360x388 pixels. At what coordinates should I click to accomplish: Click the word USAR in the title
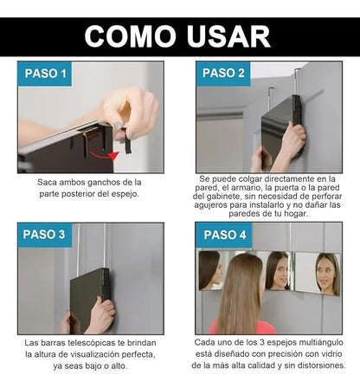tap(227, 36)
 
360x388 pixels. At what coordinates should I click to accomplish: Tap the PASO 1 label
tap(44, 74)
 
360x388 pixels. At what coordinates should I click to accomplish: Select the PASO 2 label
tap(224, 74)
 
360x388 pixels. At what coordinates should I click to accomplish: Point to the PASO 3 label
tap(44, 235)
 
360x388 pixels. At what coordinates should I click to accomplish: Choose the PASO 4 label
tap(224, 235)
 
